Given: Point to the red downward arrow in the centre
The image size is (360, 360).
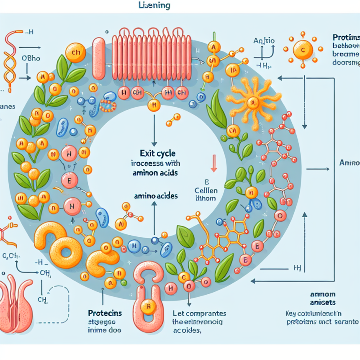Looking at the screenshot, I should pos(213,164).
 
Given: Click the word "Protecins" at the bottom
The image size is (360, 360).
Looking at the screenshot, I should pos(105,313).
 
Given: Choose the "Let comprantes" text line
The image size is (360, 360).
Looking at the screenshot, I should pos(199,314).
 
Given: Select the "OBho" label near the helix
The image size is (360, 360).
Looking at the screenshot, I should pos(32,58).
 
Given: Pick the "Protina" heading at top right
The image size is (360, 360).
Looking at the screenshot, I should pos(346,37).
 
